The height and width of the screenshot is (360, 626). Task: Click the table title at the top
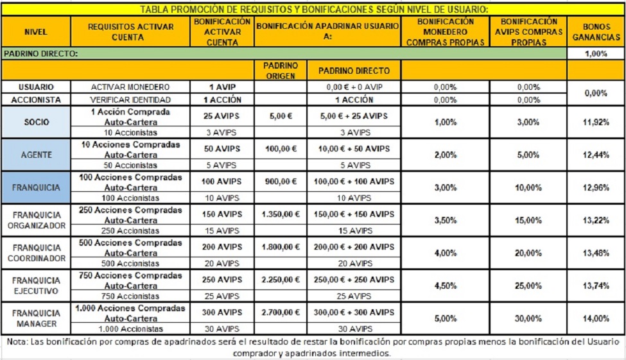[314, 9]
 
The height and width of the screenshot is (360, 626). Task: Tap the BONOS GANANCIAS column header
[596, 31]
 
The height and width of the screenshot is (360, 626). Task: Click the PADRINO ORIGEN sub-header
[281, 70]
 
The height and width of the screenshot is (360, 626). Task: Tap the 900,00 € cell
[281, 182]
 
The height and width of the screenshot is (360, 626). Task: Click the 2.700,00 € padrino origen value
[281, 313]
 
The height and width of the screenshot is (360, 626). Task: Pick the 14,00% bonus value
[596, 318]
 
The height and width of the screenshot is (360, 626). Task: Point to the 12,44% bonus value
[596, 155]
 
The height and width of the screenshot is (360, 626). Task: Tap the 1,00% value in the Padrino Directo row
[596, 54]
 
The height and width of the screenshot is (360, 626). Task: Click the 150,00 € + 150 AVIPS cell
[354, 214]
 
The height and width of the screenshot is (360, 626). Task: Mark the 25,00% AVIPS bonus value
[528, 286]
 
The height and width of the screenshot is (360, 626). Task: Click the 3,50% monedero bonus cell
[445, 220]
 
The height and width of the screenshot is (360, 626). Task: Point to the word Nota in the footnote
[18, 341]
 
